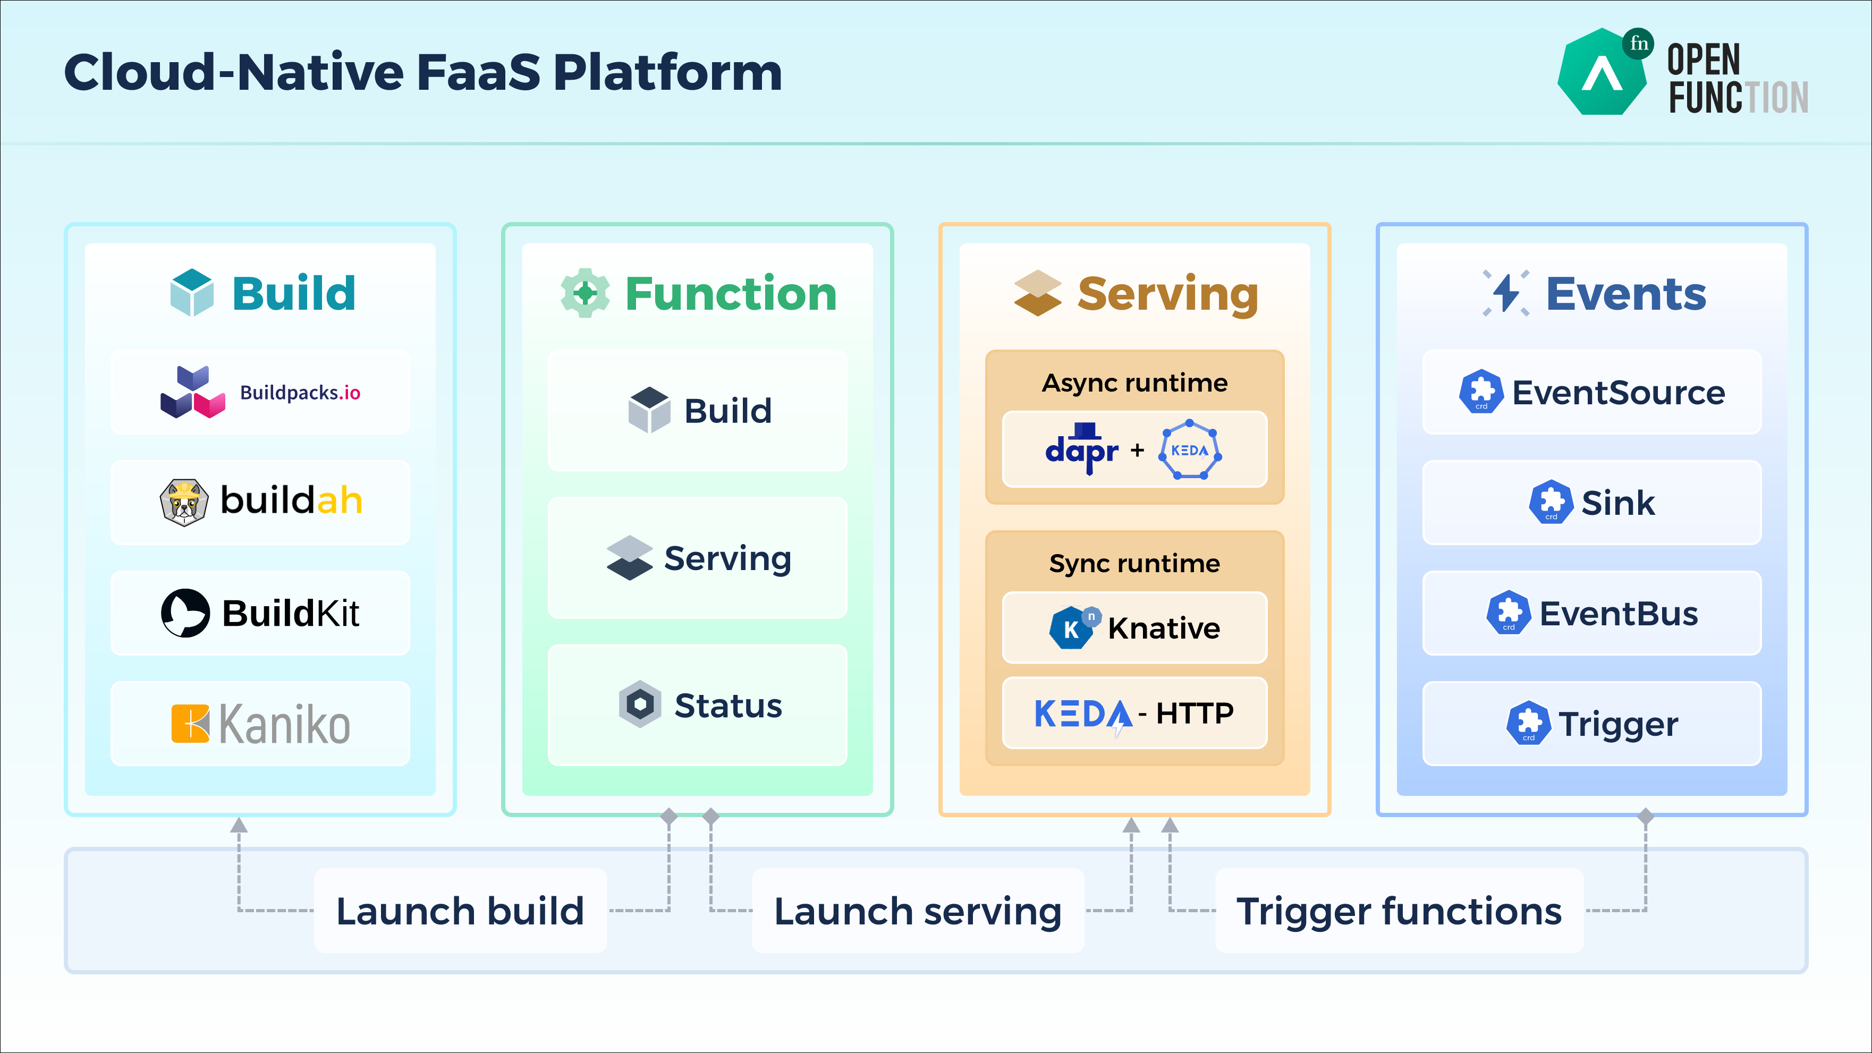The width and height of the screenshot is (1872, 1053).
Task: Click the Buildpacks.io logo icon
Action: (192, 393)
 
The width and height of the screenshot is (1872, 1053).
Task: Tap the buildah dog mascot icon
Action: (184, 502)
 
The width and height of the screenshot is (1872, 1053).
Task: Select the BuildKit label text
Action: (290, 613)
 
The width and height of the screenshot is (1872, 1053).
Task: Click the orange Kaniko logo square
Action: (190, 724)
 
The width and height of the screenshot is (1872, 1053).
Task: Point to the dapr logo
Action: (1081, 449)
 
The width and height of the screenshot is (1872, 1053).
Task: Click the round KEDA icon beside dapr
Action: (1190, 450)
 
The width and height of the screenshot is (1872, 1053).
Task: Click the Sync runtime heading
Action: (1134, 563)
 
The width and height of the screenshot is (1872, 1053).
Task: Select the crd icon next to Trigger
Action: (1528, 724)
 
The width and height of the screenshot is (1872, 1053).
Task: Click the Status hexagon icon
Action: (640, 704)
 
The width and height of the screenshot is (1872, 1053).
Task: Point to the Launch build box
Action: (460, 911)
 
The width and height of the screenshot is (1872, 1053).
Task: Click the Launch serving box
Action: (918, 911)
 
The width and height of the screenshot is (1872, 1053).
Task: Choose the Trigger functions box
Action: (1399, 911)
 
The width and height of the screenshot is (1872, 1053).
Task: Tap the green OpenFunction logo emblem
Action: (1603, 73)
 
